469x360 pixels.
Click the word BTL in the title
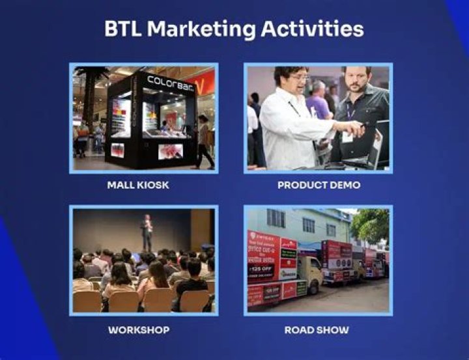pyautogui.click(x=122, y=29)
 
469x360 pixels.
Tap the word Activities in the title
pyautogui.click(x=312, y=29)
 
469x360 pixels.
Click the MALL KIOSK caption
pyautogui.click(x=138, y=185)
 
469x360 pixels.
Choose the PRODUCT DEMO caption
pyautogui.click(x=319, y=185)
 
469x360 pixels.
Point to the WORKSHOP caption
pyautogui.click(x=139, y=330)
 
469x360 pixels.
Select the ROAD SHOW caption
pyautogui.click(x=317, y=330)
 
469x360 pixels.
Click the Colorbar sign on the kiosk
pyautogui.click(x=168, y=81)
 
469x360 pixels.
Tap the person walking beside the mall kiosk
pyautogui.click(x=204, y=140)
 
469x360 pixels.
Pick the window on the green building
pyautogui.click(x=307, y=225)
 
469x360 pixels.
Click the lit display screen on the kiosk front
pyautogui.click(x=121, y=117)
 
